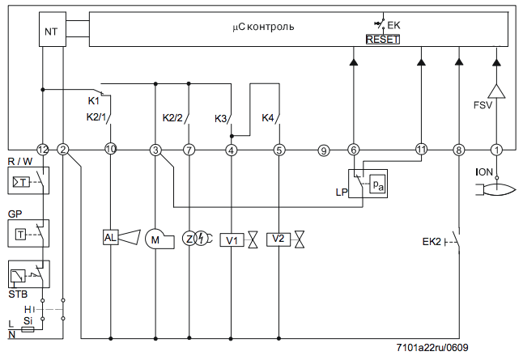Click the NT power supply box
coord(53,29)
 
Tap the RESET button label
coord(383,40)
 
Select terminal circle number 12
coord(42,150)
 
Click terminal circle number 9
coord(324,150)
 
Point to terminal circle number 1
coord(496,150)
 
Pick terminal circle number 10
coord(110,149)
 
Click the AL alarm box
coord(110,238)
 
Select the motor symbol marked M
coord(155,239)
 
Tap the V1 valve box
coord(232,240)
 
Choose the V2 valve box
coord(279,239)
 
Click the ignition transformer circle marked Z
coord(189,239)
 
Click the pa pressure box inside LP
coord(377,184)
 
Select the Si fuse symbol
coord(28,330)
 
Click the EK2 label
coord(432,242)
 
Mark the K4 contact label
coord(267,118)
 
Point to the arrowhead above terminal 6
coord(354,61)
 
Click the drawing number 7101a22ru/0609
coord(432,348)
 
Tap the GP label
coord(15,214)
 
